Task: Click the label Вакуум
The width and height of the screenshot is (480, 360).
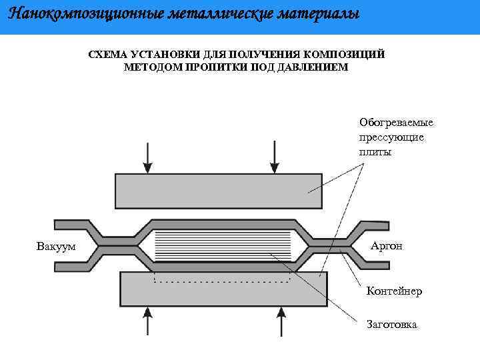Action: pyautogui.click(x=56, y=247)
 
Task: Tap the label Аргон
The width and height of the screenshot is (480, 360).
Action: pyautogui.click(x=387, y=246)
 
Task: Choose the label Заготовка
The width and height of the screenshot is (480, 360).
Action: pyautogui.click(x=392, y=325)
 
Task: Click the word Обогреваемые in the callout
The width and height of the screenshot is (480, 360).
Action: pyautogui.click(x=396, y=123)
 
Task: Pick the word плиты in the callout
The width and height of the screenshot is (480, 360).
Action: pyautogui.click(x=375, y=151)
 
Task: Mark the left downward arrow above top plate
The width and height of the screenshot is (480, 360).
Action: pyautogui.click(x=147, y=157)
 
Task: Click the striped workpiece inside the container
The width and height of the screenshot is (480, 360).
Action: pyautogui.click(x=223, y=245)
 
